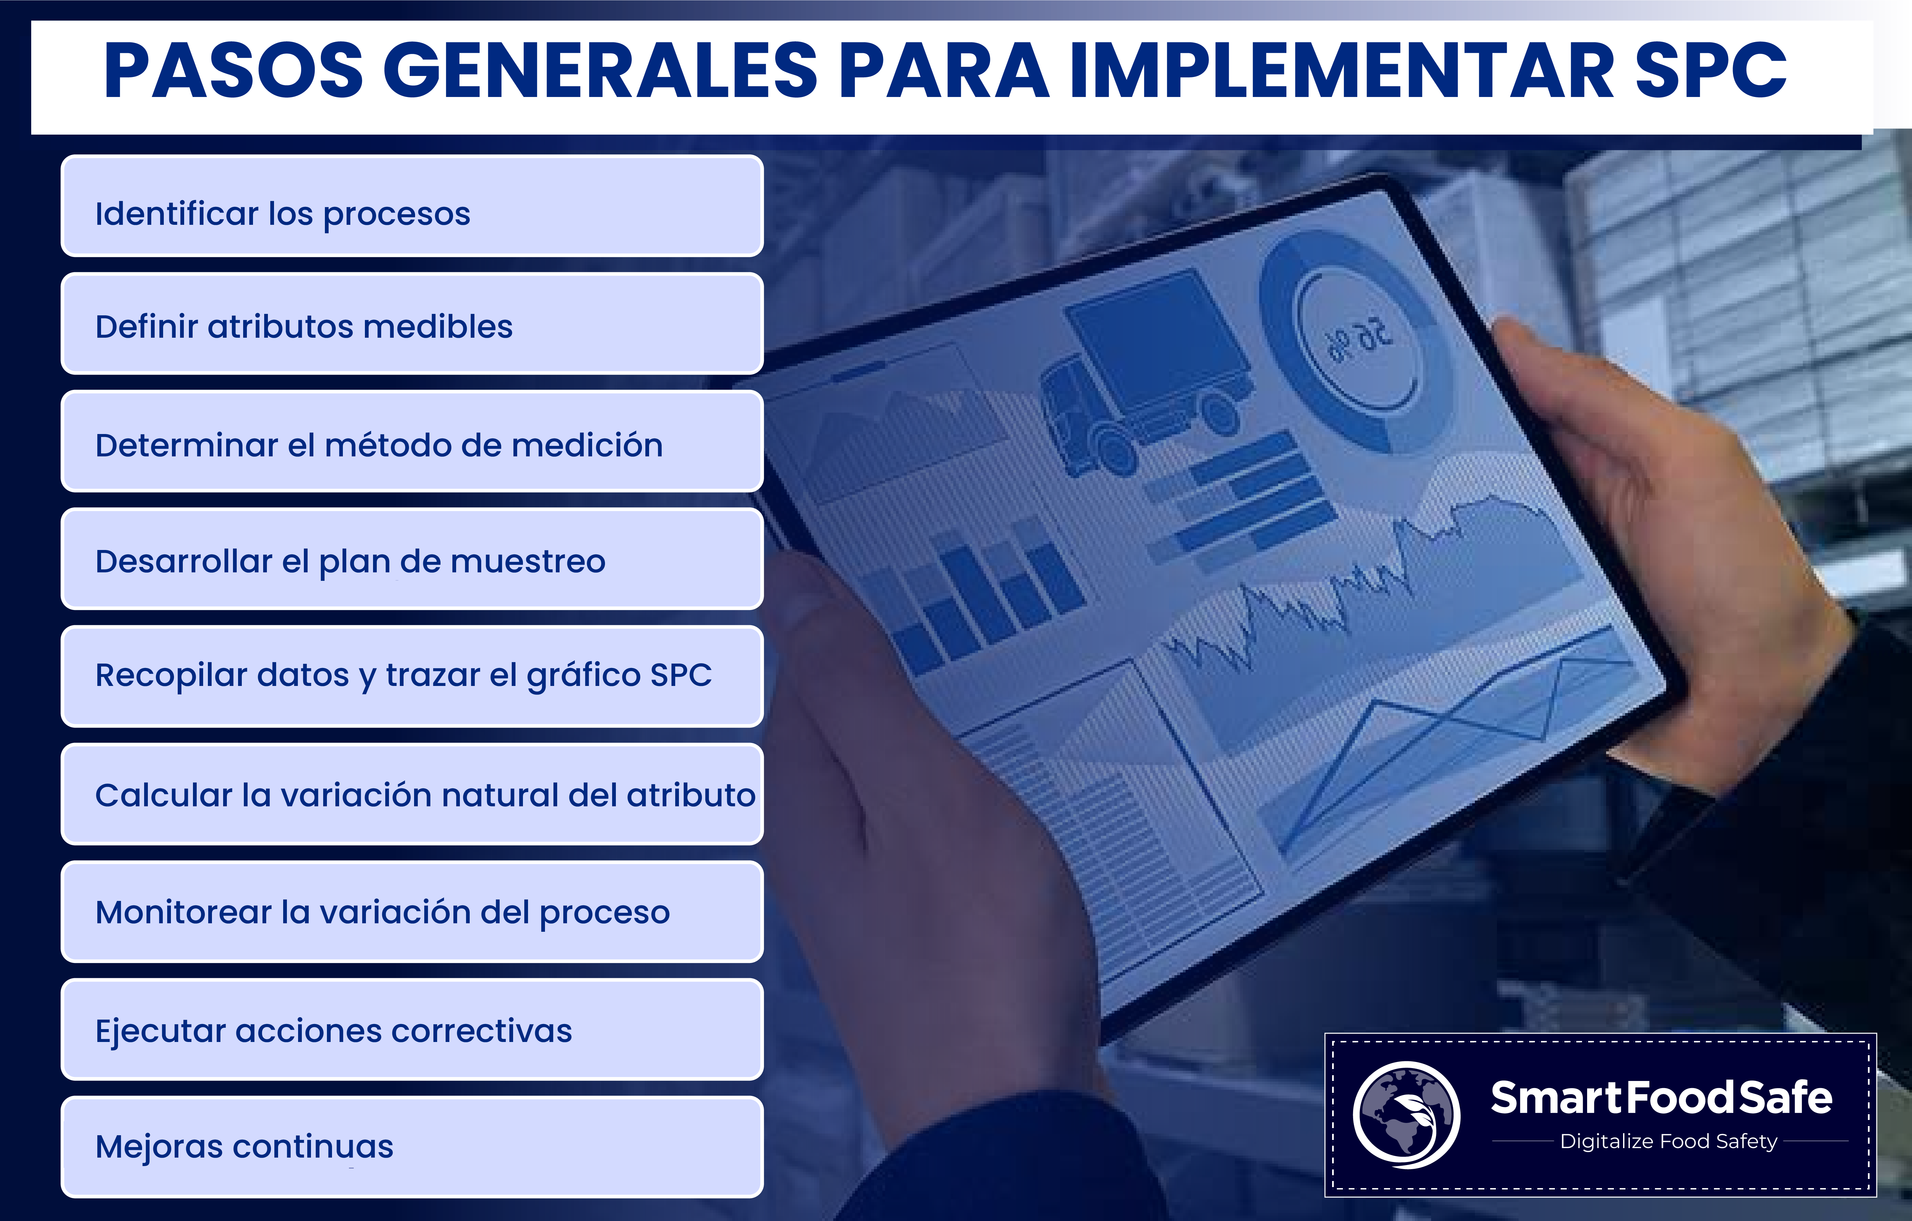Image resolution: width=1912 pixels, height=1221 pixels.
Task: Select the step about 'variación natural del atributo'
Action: (x=412, y=794)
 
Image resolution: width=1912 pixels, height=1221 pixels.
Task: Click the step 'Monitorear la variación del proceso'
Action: (x=412, y=911)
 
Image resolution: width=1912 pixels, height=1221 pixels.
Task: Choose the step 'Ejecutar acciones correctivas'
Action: (x=412, y=1029)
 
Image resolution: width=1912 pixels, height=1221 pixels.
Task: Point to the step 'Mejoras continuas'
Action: (x=412, y=1146)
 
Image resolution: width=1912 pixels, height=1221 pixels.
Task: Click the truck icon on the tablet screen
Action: (x=1144, y=373)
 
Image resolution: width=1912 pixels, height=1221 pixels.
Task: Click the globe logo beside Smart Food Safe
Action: (x=1406, y=1115)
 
